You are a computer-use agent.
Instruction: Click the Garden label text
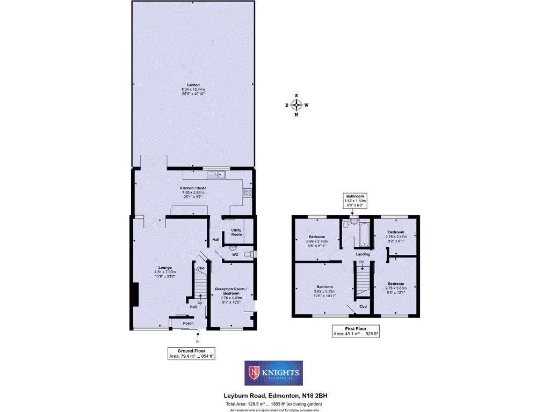click(193, 85)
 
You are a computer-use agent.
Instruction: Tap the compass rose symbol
click(296, 105)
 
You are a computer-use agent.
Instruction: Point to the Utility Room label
click(236, 232)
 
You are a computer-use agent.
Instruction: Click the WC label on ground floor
click(235, 255)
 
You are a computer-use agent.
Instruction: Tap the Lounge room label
click(165, 267)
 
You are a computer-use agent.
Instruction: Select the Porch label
click(188, 323)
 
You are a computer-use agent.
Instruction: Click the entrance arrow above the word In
click(197, 335)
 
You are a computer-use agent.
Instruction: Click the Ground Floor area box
click(192, 353)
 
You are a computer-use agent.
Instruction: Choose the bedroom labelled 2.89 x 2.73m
click(317, 237)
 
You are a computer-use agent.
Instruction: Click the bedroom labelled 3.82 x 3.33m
click(324, 286)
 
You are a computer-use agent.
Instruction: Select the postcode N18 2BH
click(315, 396)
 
